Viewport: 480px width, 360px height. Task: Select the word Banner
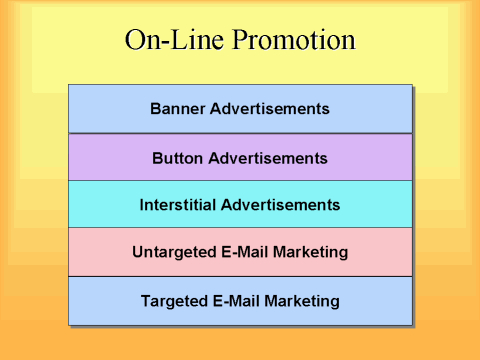point(176,108)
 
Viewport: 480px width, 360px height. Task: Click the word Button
point(177,157)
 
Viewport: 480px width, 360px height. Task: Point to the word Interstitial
point(180,205)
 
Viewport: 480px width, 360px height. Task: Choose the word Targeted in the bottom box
point(175,300)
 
